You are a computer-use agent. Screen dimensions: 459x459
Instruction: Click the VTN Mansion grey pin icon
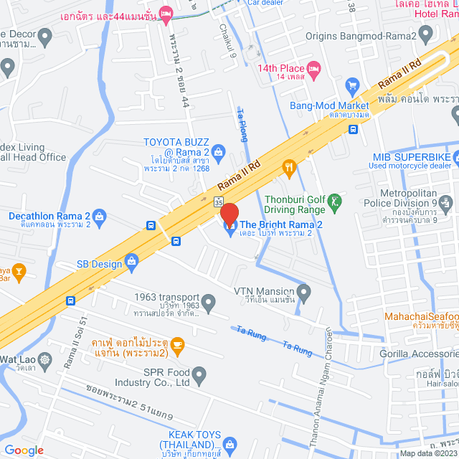pos(304,292)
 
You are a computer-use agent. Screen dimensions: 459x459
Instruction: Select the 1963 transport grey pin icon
pos(208,303)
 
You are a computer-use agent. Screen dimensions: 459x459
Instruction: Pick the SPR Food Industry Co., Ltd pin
pos(199,374)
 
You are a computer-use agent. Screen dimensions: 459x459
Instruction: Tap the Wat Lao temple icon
pos(46,359)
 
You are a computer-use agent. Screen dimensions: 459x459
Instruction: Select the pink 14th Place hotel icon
pos(314,69)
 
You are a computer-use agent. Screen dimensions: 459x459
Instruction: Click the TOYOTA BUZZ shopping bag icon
pos(219,150)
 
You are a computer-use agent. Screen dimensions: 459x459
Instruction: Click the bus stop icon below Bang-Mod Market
pos(353,129)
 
